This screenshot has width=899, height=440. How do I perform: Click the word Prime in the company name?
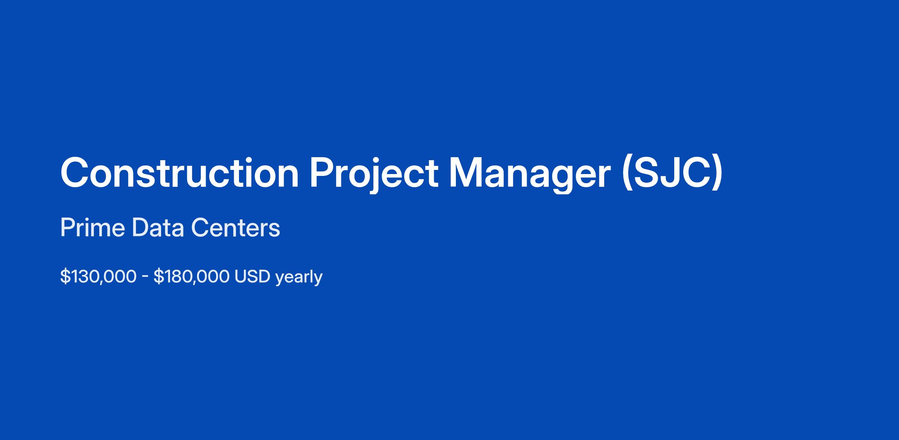pyautogui.click(x=93, y=228)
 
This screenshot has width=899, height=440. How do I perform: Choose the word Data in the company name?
pyautogui.click(x=158, y=228)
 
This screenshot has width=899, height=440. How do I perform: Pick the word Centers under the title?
pyautogui.click(x=235, y=228)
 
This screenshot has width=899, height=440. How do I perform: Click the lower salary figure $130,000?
pyautogui.click(x=98, y=277)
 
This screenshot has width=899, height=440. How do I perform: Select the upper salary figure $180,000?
pyautogui.click(x=191, y=277)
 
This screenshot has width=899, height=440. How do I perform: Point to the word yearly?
pyautogui.click(x=299, y=278)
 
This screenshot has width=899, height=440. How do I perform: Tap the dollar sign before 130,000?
pyautogui.click(x=65, y=277)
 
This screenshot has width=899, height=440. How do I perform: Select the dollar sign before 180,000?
pyautogui.click(x=158, y=277)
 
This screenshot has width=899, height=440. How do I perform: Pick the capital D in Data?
pyautogui.click(x=142, y=228)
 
